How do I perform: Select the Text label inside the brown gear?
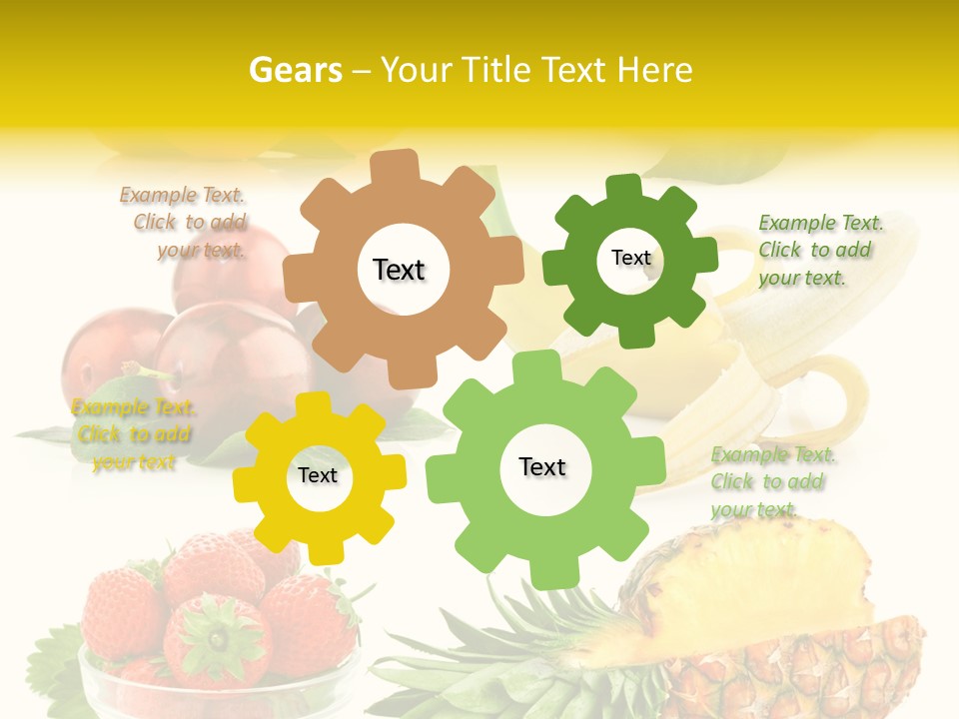tap(399, 270)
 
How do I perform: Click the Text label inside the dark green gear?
tap(630, 258)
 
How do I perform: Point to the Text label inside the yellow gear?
tap(318, 475)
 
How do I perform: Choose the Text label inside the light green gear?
tap(542, 466)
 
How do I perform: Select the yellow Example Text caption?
tap(133, 434)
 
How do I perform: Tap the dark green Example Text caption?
tap(819, 250)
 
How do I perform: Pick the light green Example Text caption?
tap(772, 481)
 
